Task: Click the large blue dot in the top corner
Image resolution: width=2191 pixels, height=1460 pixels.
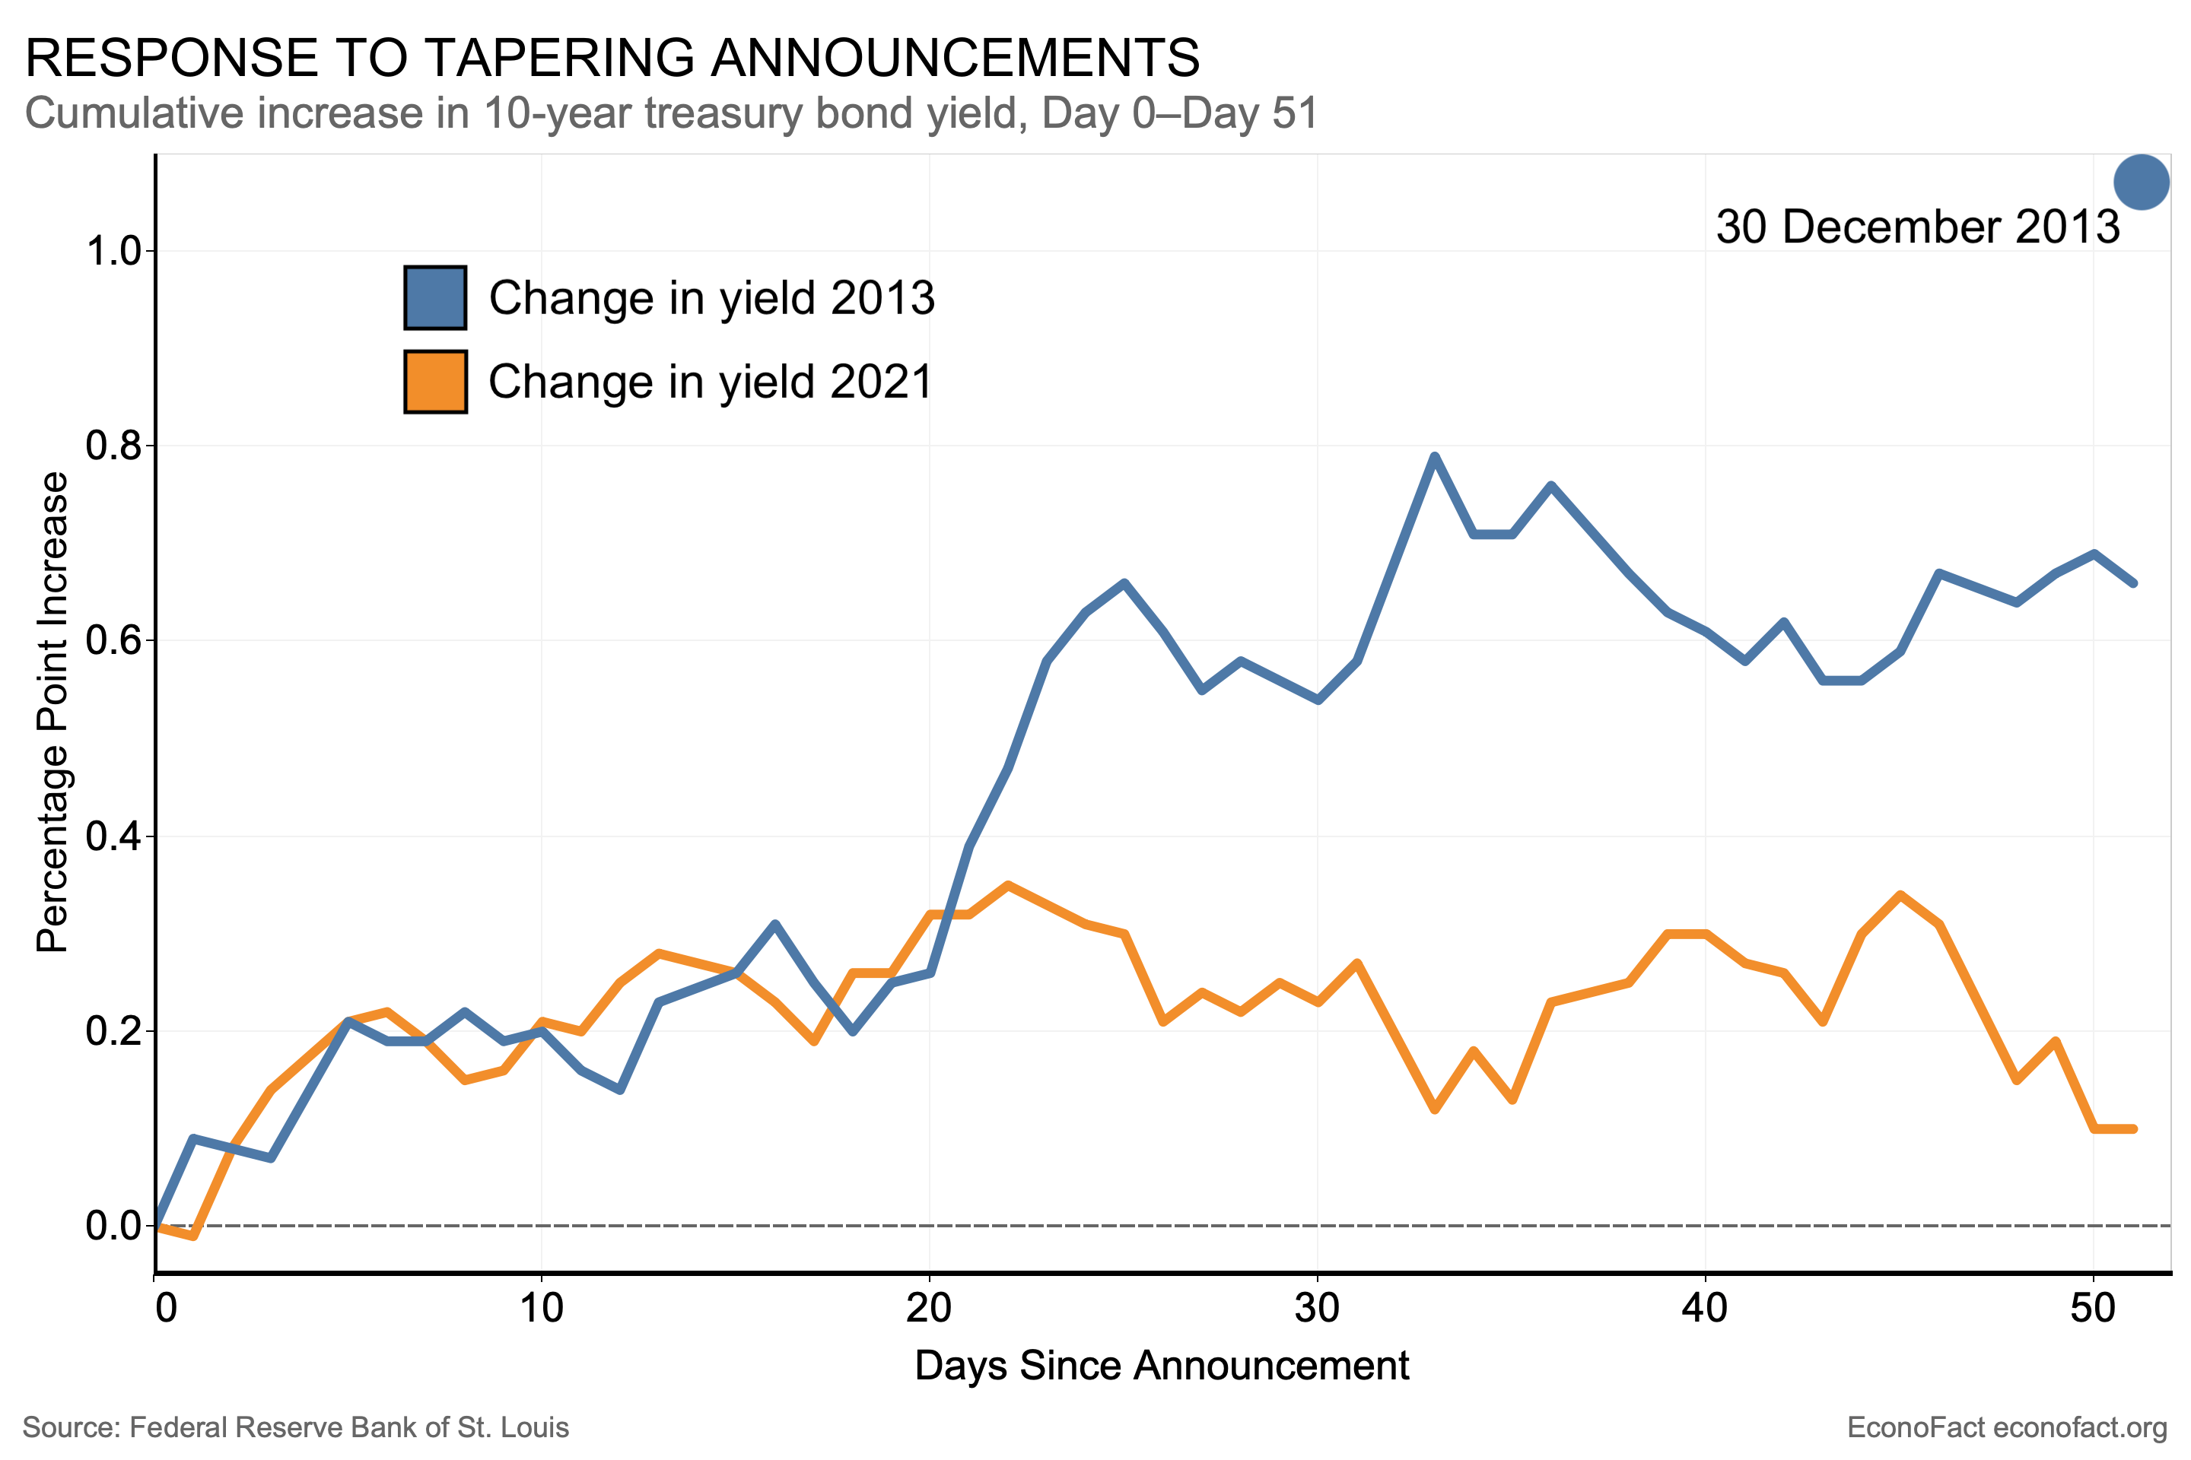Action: coord(2141,182)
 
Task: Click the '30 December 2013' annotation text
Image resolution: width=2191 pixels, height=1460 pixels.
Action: coord(1917,227)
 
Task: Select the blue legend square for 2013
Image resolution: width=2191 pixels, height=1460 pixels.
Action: coord(435,298)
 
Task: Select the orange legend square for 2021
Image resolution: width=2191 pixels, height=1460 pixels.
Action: coord(435,382)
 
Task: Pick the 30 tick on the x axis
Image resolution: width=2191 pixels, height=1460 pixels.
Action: coord(1317,1308)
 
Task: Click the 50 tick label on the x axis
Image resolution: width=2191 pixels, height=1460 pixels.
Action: coord(2092,1308)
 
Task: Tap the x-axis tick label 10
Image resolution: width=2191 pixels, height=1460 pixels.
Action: coord(541,1308)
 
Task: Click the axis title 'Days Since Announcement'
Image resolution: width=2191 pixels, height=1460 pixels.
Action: coord(1162,1366)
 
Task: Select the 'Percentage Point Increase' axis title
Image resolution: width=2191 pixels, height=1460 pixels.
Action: coord(53,713)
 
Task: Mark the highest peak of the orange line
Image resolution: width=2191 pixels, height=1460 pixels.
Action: coord(1007,884)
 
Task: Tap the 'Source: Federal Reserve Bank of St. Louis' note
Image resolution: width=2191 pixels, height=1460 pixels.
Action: coord(295,1427)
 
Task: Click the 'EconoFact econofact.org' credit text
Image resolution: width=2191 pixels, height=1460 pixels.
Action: coord(2007,1427)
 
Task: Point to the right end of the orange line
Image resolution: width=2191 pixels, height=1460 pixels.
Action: coord(2133,1128)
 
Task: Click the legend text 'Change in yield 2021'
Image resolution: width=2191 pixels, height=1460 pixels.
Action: coord(710,382)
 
